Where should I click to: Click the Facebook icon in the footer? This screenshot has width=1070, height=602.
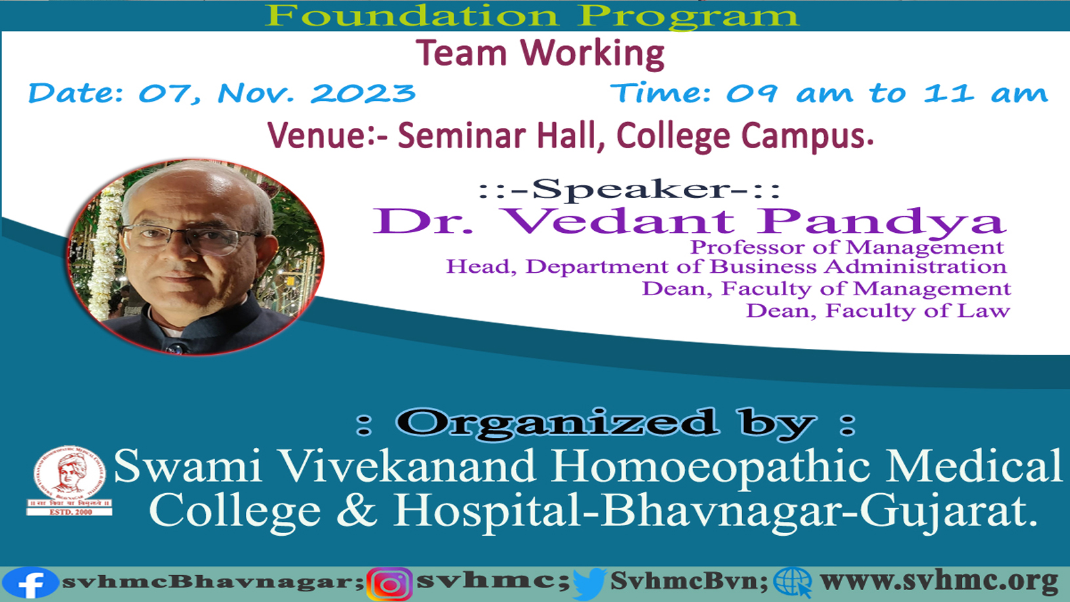[30, 583]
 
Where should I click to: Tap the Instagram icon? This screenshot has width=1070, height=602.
[390, 584]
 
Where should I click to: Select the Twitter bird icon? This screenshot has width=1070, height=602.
[589, 584]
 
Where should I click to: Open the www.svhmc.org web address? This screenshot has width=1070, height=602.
[939, 582]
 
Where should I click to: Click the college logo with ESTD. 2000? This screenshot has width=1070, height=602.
[69, 481]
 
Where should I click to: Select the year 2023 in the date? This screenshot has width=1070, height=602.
[363, 92]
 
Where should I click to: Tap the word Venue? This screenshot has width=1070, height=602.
[317, 136]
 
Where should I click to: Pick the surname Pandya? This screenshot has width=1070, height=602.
[882, 223]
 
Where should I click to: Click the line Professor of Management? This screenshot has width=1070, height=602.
[846, 247]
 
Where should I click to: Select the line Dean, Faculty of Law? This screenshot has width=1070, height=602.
[878, 311]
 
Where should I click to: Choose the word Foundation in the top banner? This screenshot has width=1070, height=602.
[412, 15]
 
